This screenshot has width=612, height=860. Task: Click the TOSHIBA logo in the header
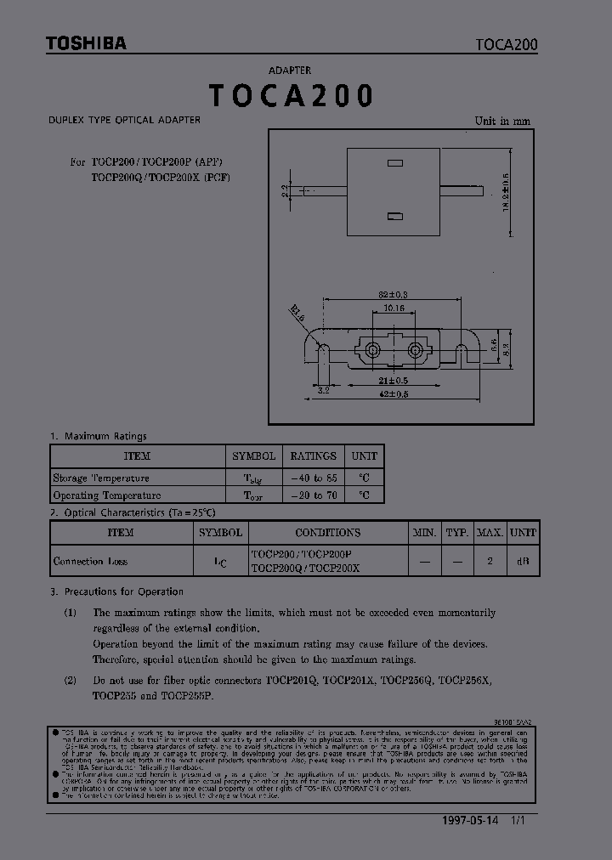click(86, 43)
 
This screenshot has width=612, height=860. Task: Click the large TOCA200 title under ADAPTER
click(291, 96)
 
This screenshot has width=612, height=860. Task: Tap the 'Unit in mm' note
click(501, 122)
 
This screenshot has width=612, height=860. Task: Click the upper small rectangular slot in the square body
click(394, 161)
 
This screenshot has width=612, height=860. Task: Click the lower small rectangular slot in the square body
click(394, 217)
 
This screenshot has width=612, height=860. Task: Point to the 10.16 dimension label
click(394, 308)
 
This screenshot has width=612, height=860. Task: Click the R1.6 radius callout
click(297, 313)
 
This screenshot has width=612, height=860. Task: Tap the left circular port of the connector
click(371, 350)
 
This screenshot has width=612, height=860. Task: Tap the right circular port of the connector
click(416, 350)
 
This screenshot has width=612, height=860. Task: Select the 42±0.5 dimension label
click(393, 394)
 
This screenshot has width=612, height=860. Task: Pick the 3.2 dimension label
click(323, 390)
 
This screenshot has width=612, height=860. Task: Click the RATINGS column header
click(313, 456)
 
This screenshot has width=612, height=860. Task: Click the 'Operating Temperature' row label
click(107, 495)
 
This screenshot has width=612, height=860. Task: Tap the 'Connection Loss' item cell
click(90, 562)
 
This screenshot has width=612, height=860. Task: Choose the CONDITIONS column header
click(327, 533)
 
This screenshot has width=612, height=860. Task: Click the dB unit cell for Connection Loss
click(523, 562)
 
